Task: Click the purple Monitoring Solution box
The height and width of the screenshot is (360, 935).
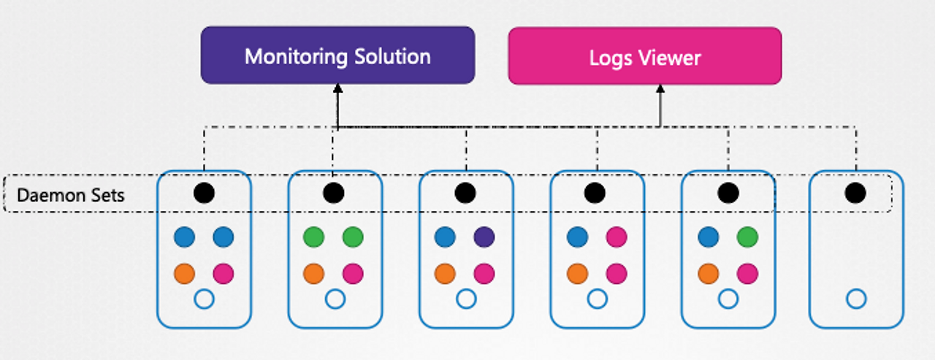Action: (337, 55)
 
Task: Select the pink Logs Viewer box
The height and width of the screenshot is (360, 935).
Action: (645, 56)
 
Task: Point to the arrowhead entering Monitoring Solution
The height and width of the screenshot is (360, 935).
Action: (337, 88)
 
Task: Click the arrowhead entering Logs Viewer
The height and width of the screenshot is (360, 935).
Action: (660, 89)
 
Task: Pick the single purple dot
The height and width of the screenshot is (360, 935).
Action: (484, 237)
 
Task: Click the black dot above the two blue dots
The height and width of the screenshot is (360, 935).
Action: (204, 193)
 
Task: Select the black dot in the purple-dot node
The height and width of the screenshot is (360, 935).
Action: (465, 193)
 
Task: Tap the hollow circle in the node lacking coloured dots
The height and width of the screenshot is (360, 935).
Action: (857, 299)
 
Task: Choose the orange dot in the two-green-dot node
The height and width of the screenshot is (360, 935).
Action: (314, 274)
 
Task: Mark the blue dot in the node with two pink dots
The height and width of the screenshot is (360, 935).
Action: (578, 237)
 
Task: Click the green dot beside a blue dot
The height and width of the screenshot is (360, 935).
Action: (747, 237)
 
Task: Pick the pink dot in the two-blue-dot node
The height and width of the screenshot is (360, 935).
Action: (224, 274)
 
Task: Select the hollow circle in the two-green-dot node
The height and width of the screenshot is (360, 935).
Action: (335, 299)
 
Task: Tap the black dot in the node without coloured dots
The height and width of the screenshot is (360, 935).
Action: (855, 193)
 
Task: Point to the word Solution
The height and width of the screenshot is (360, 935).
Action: (392, 56)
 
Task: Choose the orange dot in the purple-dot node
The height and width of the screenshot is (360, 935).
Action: (445, 274)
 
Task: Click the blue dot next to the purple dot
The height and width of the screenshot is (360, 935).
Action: (445, 237)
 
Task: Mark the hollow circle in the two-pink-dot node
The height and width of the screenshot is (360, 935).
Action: (598, 299)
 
